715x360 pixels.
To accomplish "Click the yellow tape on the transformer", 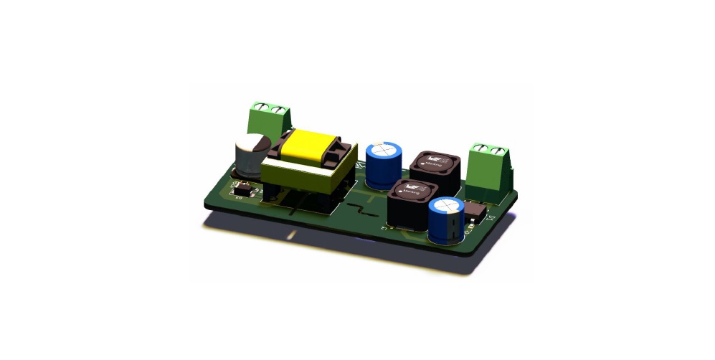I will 310,146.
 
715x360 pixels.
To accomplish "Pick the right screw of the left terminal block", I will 277,110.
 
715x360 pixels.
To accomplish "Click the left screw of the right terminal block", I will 482,149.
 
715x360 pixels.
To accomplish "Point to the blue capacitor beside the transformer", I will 382,164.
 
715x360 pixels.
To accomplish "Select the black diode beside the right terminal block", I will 475,209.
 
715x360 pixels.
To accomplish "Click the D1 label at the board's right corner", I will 492,217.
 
